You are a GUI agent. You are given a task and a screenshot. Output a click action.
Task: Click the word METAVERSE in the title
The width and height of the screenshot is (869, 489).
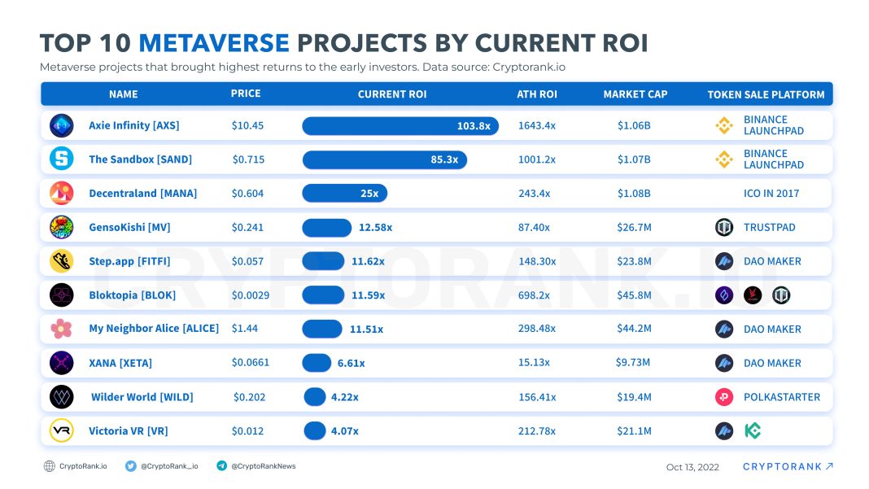pyautogui.click(x=214, y=43)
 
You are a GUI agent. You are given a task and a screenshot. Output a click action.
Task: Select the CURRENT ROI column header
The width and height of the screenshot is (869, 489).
pyautogui.click(x=392, y=94)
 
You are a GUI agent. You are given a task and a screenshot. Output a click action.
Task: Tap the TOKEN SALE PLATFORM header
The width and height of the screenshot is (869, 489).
pyautogui.click(x=766, y=94)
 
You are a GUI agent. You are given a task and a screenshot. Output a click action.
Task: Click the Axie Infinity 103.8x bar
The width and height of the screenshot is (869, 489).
pyautogui.click(x=400, y=125)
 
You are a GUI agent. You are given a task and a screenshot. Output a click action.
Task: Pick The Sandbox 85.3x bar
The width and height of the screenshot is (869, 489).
pyautogui.click(x=384, y=159)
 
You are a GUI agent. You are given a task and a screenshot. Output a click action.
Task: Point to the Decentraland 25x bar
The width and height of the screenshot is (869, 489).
pyautogui.click(x=344, y=194)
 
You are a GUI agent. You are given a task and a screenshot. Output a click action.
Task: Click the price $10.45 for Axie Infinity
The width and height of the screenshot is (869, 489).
pyautogui.click(x=247, y=125)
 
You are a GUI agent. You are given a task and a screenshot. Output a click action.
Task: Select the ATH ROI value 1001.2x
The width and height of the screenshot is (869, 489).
pyautogui.click(x=536, y=159)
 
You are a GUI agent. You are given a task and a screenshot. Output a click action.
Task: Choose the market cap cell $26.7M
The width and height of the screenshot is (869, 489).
pyautogui.click(x=634, y=228)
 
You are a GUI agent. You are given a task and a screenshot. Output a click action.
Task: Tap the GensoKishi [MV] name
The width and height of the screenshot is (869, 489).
pyautogui.click(x=129, y=228)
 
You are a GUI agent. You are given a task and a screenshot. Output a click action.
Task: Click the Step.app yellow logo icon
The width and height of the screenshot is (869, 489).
pyautogui.click(x=62, y=261)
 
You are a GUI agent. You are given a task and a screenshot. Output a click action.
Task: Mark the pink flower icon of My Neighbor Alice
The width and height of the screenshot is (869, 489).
pyautogui.click(x=62, y=329)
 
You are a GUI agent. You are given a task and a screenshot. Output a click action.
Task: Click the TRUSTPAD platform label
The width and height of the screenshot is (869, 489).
pyautogui.click(x=769, y=228)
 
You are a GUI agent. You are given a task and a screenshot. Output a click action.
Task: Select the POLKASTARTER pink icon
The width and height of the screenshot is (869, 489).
pyautogui.click(x=724, y=397)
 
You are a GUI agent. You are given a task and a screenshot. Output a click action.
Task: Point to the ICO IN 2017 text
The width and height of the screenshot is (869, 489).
pyautogui.click(x=771, y=194)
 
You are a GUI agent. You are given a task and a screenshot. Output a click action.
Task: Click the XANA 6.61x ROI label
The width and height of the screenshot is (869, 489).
pyautogui.click(x=352, y=363)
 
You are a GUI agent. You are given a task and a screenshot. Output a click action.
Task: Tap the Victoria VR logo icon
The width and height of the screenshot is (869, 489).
pyautogui.click(x=62, y=430)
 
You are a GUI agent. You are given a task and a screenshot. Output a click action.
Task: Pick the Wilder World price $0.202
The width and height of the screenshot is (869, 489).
pyautogui.click(x=249, y=397)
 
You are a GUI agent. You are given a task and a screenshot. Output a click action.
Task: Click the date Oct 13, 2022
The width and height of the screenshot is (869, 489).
pyautogui.click(x=692, y=467)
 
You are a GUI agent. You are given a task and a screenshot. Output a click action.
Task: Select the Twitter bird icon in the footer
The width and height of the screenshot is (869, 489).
pyautogui.click(x=131, y=466)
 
